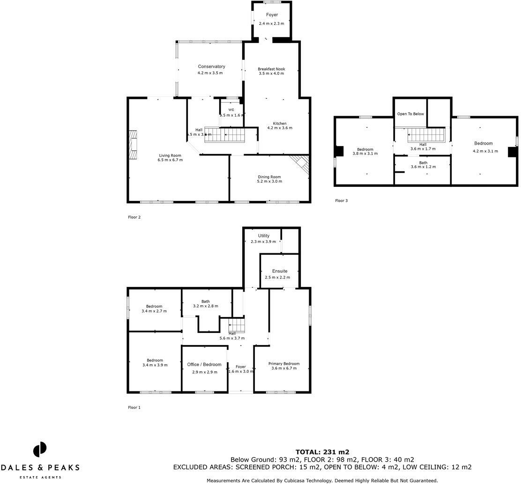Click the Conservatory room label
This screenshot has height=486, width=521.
tap(211, 66)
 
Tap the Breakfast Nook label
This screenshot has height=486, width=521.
tap(271, 69)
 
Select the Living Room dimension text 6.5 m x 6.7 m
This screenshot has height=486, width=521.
tap(170, 160)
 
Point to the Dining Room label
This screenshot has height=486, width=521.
tap(269, 177)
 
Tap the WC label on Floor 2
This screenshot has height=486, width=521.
tap(231, 110)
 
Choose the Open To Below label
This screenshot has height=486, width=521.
tap(410, 114)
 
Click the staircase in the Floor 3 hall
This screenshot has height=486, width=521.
tap(425, 136)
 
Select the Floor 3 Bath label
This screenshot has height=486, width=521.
tap(423, 162)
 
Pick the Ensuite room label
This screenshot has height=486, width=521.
tap(280, 271)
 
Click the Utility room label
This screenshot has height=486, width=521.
tap(263, 236)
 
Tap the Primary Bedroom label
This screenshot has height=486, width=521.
tap(284, 363)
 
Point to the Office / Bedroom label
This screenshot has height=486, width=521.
tap(204, 364)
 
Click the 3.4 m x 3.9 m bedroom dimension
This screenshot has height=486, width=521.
tap(155, 365)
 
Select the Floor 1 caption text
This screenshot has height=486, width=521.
tap(134, 407)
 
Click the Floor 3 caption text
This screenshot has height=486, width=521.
tap(341, 200)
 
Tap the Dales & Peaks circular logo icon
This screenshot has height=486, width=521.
tap(40, 449)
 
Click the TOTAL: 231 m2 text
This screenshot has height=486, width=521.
tap(322, 452)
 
